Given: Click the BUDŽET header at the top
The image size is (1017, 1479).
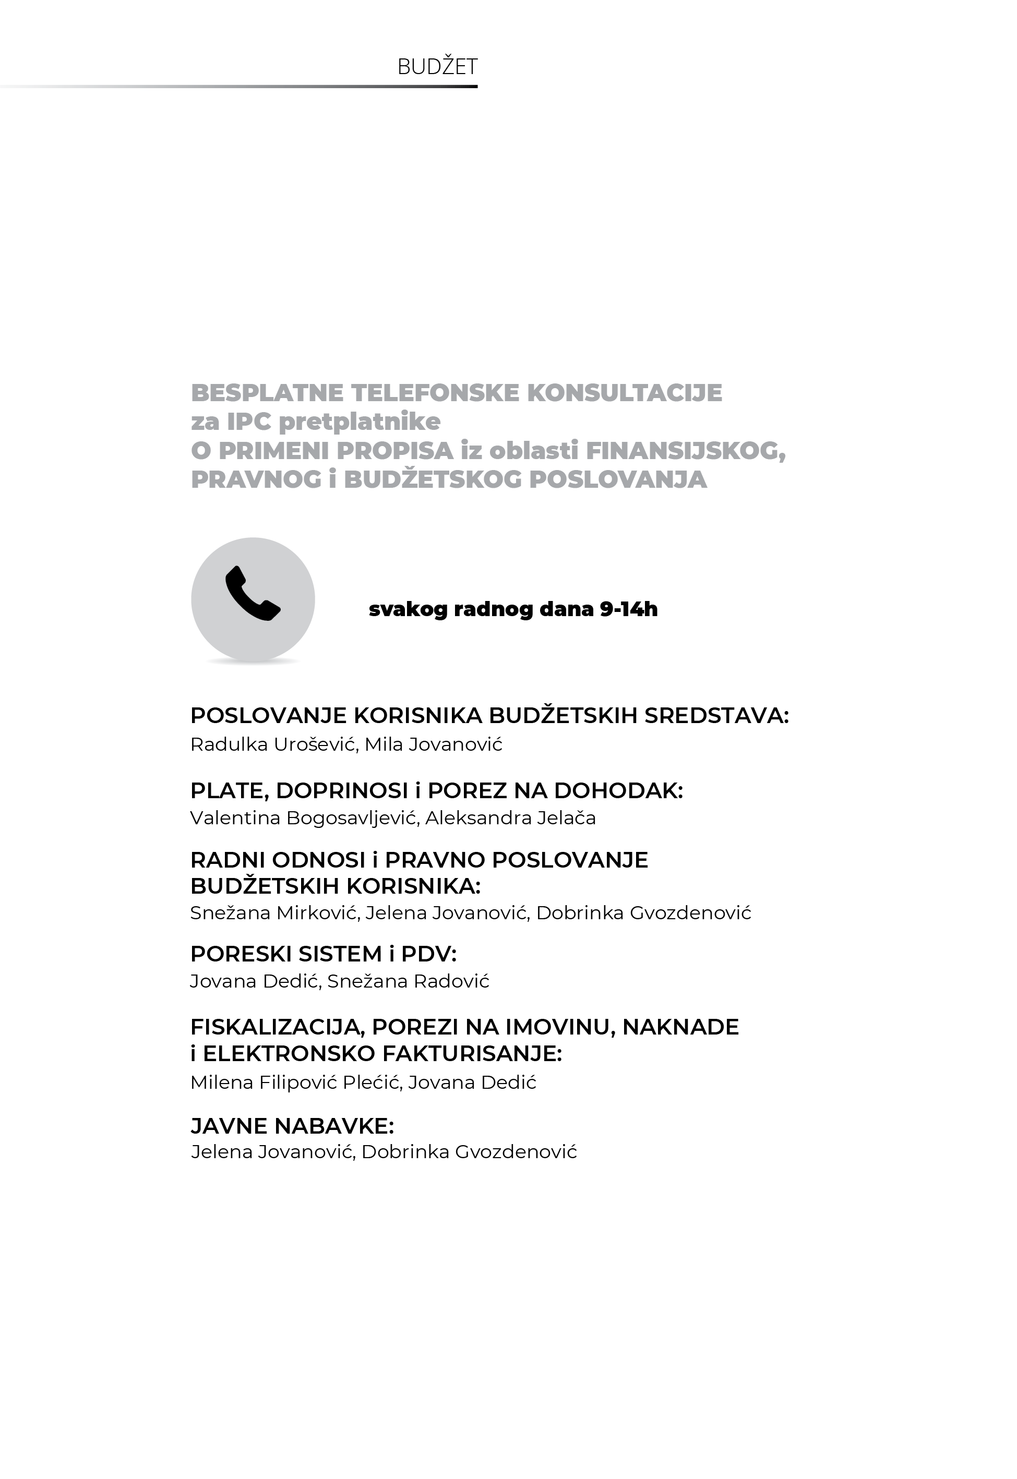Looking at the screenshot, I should click(437, 66).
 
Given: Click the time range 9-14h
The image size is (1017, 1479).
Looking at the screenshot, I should click(628, 609).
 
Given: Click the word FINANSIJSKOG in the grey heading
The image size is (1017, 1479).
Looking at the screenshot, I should click(685, 451).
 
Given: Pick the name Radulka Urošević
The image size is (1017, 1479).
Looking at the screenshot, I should click(273, 744).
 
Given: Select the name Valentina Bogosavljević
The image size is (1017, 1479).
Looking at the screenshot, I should click(303, 818).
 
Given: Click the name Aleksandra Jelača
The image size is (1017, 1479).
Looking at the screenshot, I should click(510, 818).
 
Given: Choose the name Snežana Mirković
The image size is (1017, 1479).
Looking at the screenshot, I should click(274, 913).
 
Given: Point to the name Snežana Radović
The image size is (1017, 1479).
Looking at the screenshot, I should click(409, 981).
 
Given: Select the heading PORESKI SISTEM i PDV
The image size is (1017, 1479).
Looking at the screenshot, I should click(323, 954).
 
